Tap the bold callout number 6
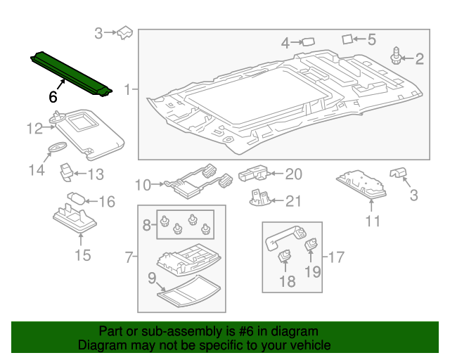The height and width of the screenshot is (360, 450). [x=53, y=98]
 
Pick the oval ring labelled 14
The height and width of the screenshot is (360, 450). [x=58, y=147]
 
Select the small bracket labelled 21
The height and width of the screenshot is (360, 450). [x=259, y=198]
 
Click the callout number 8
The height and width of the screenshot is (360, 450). [x=147, y=225]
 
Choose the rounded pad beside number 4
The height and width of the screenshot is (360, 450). [x=307, y=42]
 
